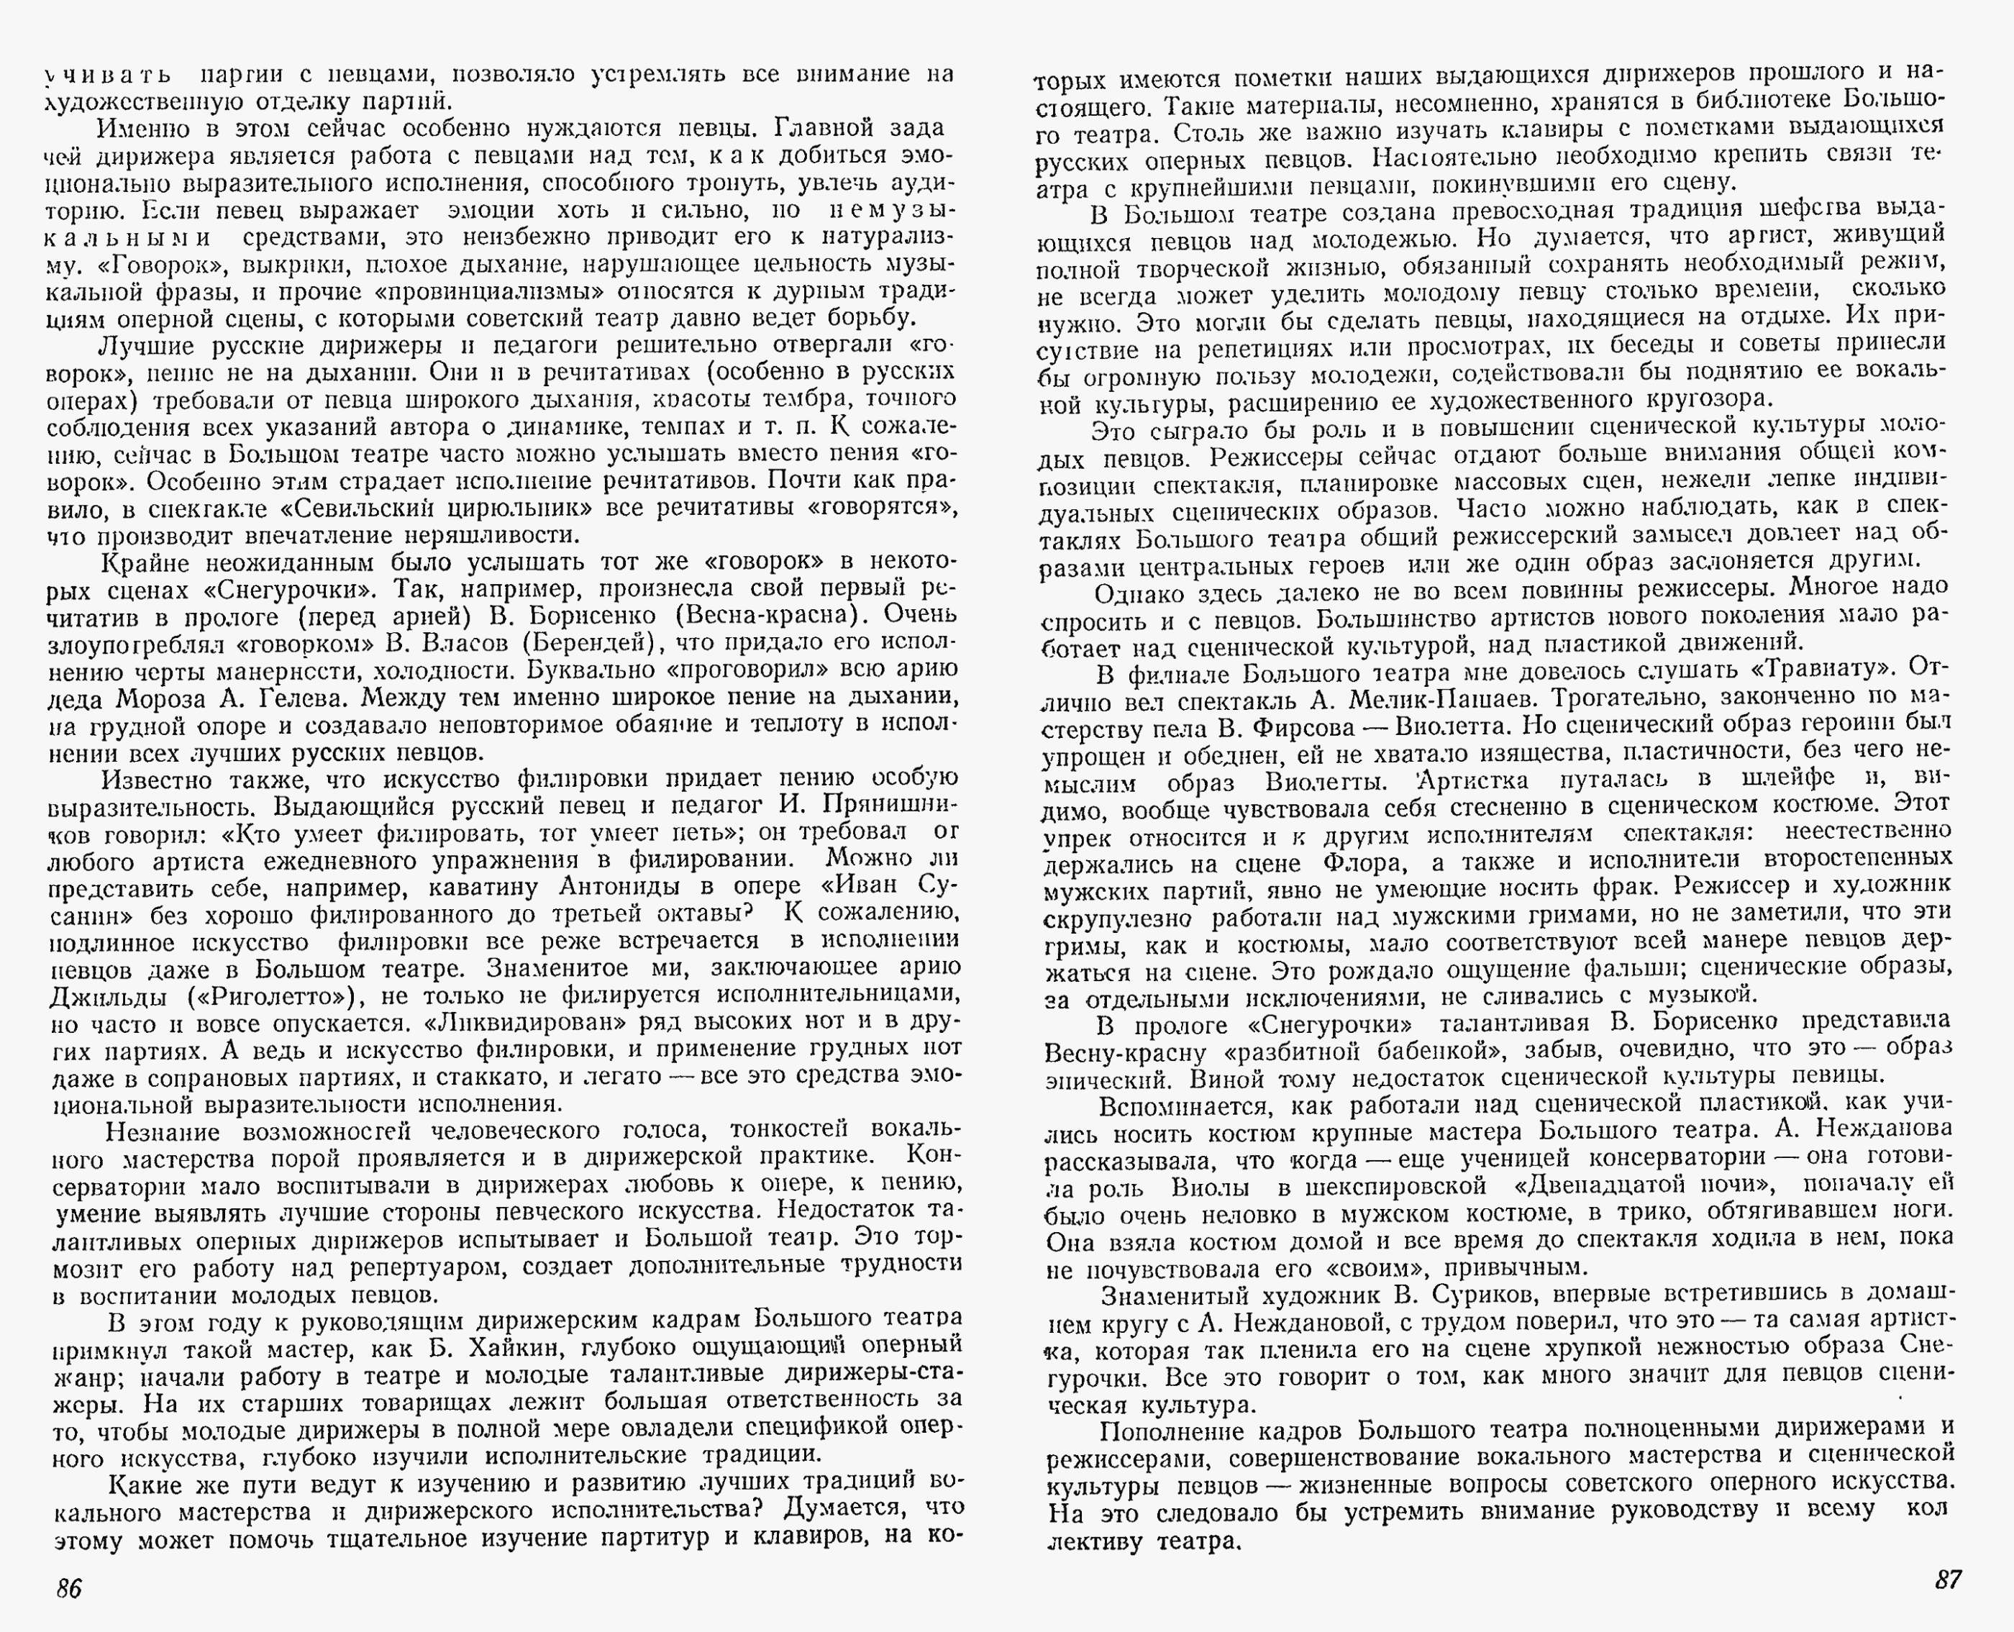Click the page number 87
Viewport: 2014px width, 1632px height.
(x=1948, y=1579)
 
